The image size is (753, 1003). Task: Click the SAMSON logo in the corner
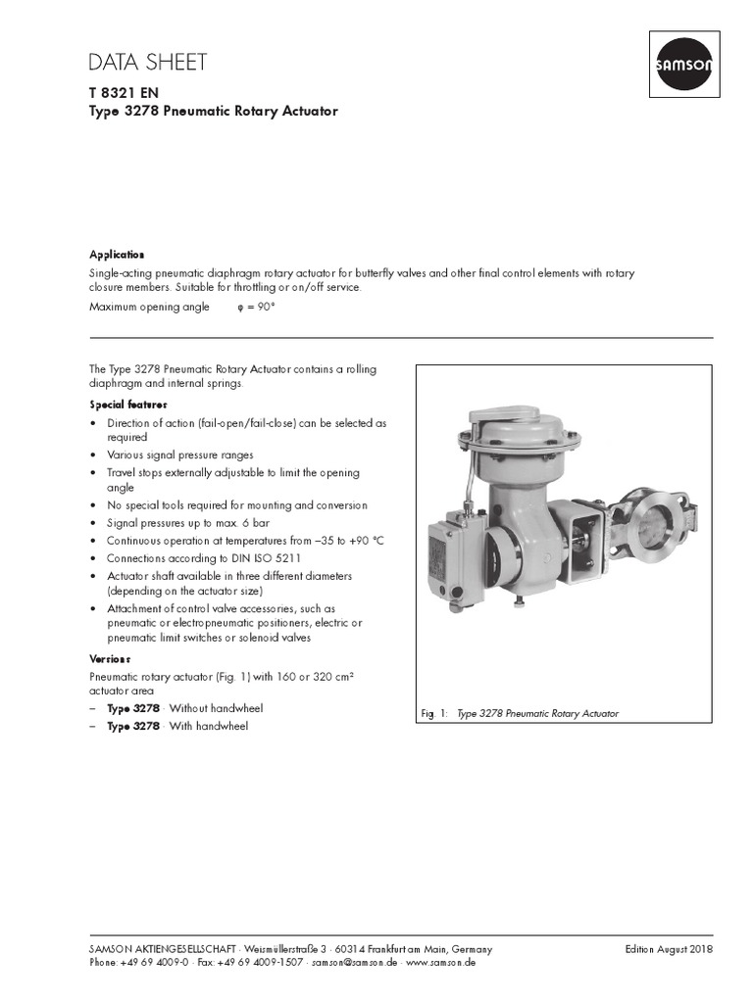pos(683,66)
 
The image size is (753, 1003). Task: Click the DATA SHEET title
pos(147,63)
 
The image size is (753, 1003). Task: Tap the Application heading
pos(117,254)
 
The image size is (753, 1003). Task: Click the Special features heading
pos(128,405)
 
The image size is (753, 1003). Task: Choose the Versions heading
pos(110,659)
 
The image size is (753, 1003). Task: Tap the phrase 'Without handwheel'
pos(216,708)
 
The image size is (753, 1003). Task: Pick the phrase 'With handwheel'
pos(208,726)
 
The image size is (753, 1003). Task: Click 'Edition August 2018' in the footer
pos(669,949)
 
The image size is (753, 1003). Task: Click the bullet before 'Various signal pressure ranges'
pos(93,455)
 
